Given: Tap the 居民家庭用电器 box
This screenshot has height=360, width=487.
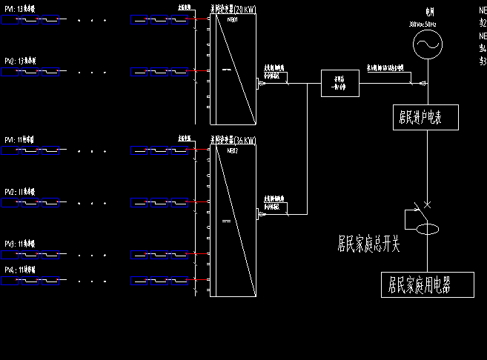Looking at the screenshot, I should pyautogui.click(x=420, y=284).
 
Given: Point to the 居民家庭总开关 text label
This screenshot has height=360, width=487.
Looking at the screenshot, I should pyautogui.click(x=368, y=243).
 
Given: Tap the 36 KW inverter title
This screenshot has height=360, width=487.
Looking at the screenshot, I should pyautogui.click(x=233, y=140).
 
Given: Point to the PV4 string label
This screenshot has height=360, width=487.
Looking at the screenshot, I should pyautogui.click(x=20, y=268).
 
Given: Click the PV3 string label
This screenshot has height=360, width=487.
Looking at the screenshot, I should pyautogui.click(x=20, y=243).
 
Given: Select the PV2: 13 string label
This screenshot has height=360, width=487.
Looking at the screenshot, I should pyautogui.click(x=20, y=61).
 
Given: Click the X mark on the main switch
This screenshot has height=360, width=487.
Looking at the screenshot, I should pyautogui.click(x=428, y=204).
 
